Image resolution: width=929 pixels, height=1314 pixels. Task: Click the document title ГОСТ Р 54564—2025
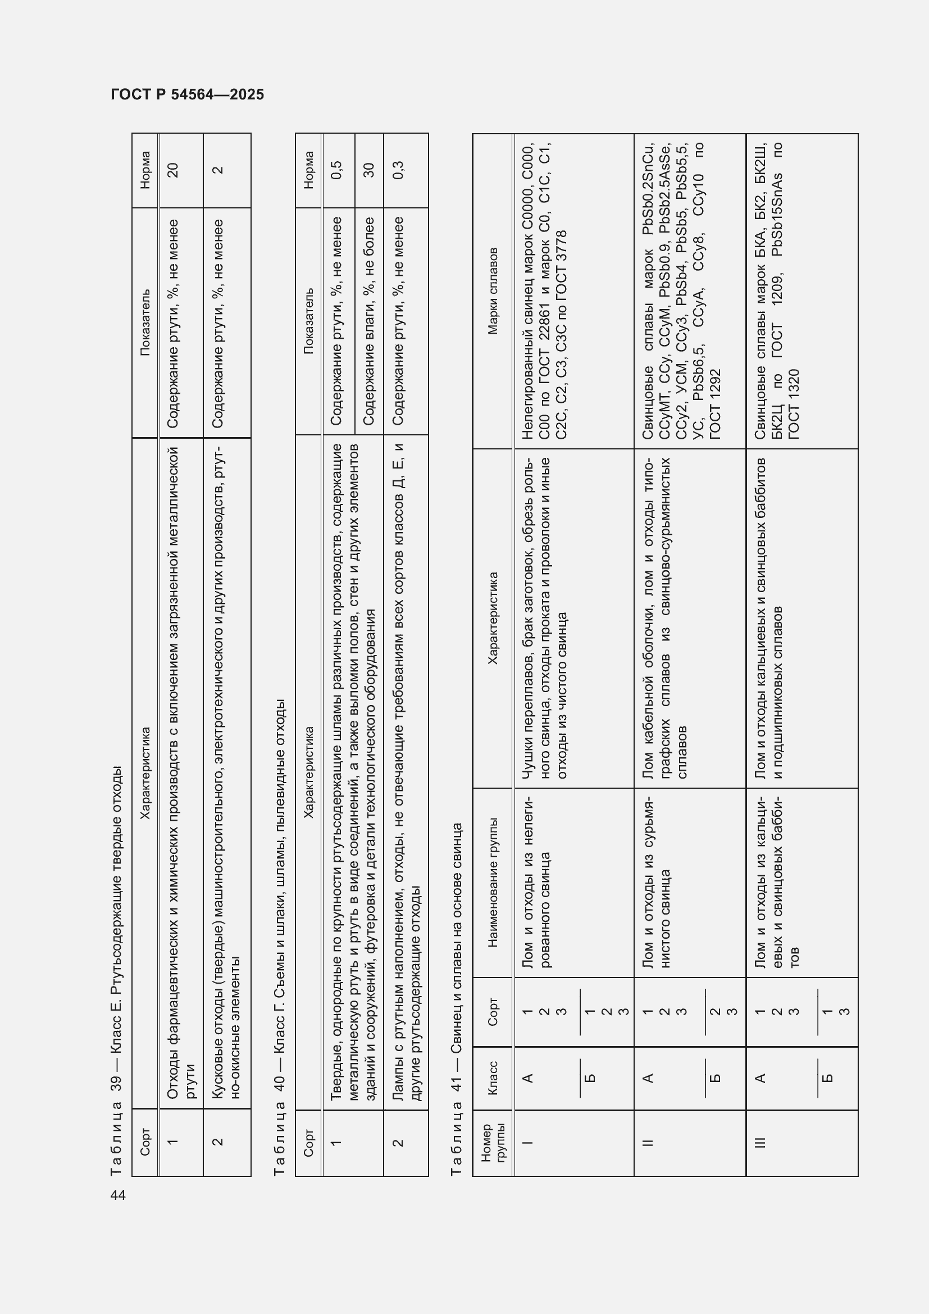click(x=187, y=94)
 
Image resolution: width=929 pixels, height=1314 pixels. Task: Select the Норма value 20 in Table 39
click(x=172, y=170)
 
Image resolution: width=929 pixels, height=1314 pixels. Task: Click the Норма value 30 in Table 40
click(x=369, y=170)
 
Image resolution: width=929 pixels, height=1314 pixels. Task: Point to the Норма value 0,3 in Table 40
click(x=399, y=170)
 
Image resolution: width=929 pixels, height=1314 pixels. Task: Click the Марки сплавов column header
click(x=493, y=291)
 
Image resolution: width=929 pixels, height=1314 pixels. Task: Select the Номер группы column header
click(x=493, y=1142)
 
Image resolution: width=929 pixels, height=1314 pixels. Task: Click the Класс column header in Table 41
click(x=493, y=1078)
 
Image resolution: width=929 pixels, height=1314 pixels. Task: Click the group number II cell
click(x=648, y=1142)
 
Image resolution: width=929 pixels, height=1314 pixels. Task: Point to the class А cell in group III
click(x=760, y=1078)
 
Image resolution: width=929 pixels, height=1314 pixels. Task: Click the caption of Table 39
click(x=117, y=970)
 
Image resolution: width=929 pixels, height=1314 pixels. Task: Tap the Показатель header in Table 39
click(x=145, y=322)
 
